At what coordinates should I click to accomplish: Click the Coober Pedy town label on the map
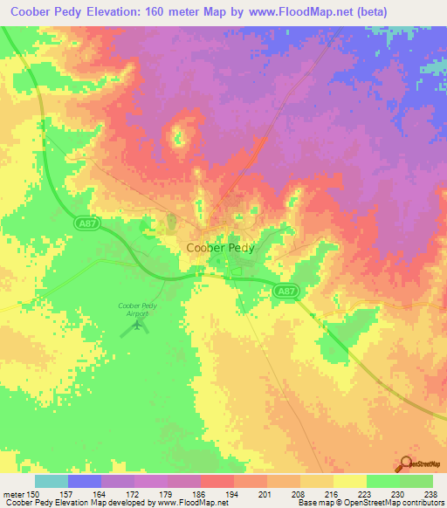221,247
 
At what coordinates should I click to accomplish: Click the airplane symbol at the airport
136,326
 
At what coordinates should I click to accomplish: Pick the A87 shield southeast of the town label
285,291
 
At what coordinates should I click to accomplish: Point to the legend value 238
431,494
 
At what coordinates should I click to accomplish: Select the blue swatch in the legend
85,481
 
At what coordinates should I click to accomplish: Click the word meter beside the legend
13,494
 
